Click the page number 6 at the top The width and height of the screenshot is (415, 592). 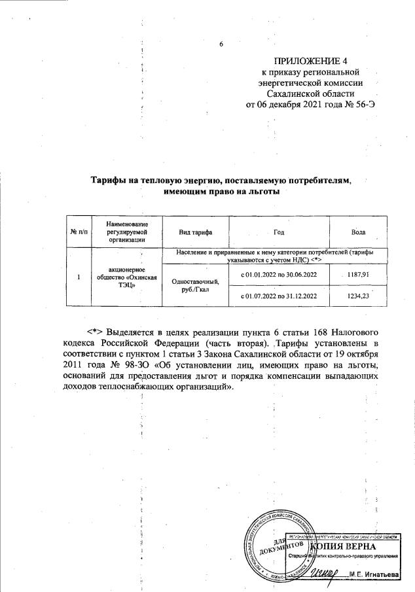click(x=221, y=44)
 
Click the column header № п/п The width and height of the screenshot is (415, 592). click(x=77, y=233)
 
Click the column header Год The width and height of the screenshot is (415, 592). click(x=283, y=233)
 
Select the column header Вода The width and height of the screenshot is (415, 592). click(x=357, y=233)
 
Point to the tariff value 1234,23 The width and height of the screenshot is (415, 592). click(x=357, y=296)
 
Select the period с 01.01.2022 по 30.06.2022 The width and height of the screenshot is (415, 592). click(x=283, y=273)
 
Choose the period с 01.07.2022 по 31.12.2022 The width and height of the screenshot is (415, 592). click(x=283, y=296)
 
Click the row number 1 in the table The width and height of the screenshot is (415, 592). click(x=77, y=277)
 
